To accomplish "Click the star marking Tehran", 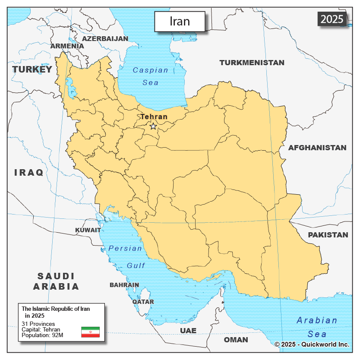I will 153,126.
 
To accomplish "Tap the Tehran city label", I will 154,117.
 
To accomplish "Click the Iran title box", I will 180,21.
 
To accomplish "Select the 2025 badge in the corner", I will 332,19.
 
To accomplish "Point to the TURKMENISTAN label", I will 252,63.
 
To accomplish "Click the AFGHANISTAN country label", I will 317,148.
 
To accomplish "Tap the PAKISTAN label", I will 328,235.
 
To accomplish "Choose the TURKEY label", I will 32,69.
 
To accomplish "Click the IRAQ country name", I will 29,173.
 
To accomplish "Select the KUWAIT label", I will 88,230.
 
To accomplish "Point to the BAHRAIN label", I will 124,285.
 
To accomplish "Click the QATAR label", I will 143,302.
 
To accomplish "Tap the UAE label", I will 188,331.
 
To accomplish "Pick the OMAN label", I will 236,340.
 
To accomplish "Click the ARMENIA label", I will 67,46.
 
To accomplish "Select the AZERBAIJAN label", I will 105,38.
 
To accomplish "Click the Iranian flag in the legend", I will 90,332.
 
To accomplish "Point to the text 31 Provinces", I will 38,324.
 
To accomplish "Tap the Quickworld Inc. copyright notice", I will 312,344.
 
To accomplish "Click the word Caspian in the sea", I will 150,70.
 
